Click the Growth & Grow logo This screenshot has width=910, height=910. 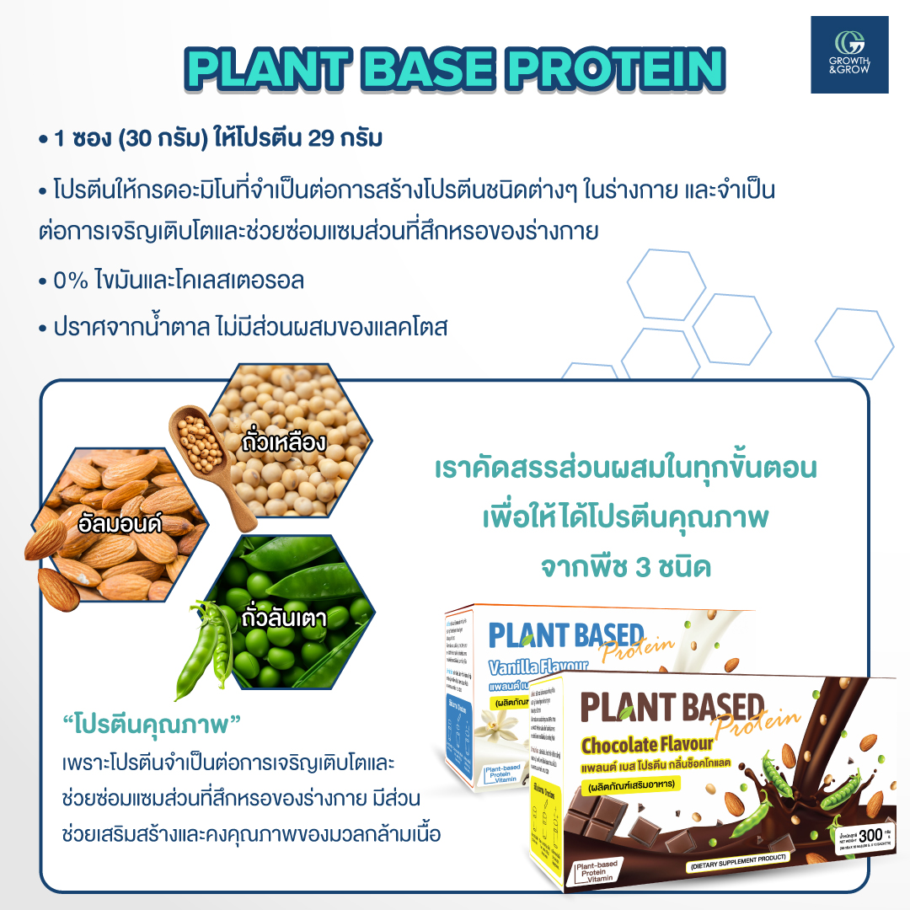click(x=849, y=54)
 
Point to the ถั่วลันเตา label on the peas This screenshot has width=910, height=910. click(x=283, y=618)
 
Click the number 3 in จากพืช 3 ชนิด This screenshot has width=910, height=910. click(x=649, y=566)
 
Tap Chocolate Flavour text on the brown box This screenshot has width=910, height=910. click(x=647, y=745)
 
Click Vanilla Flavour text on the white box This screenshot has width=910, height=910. click(x=539, y=668)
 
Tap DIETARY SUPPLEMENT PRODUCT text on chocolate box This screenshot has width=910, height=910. click(x=737, y=858)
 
